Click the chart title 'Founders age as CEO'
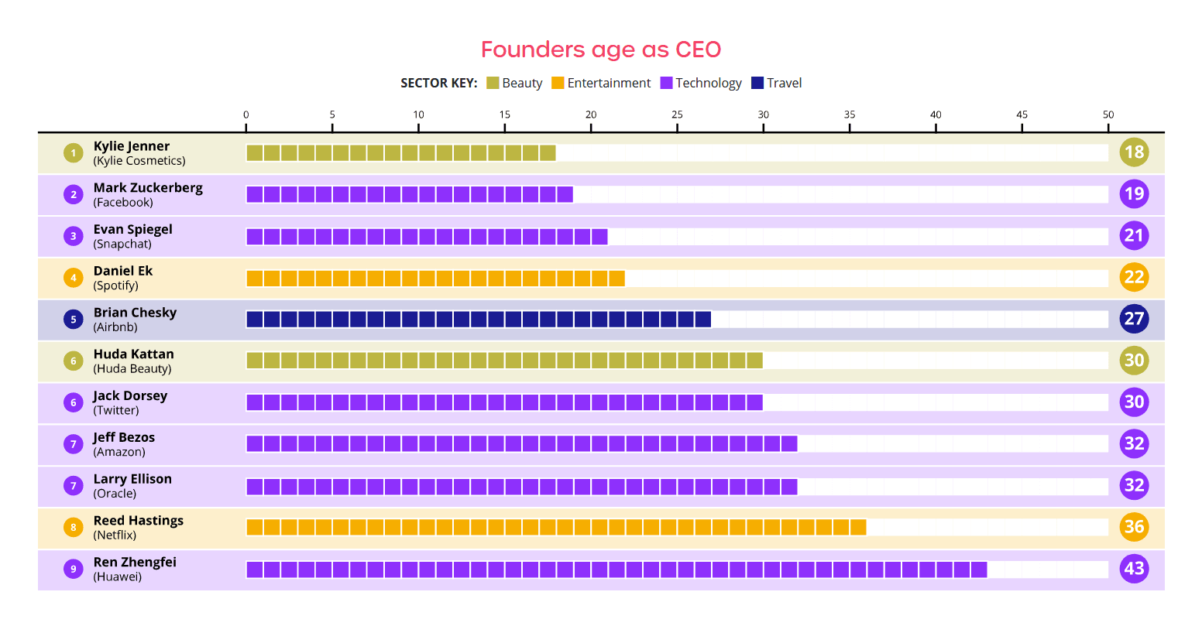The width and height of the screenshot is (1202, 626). coord(600,50)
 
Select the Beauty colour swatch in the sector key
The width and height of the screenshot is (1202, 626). coord(493,83)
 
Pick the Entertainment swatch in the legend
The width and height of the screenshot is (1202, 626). coord(558,83)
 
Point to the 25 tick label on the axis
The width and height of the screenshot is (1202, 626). coord(677,115)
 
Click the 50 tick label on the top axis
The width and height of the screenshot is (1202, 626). coord(1108,115)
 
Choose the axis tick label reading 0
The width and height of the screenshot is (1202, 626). coord(246,115)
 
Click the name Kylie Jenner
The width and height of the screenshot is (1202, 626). coord(132,146)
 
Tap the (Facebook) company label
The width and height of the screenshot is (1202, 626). coord(123,203)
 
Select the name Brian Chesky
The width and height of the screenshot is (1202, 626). coord(135,313)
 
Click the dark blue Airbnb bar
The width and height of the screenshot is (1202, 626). coord(479,319)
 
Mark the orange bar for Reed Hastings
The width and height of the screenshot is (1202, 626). coord(556,527)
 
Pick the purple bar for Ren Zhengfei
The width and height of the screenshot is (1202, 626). coord(616,570)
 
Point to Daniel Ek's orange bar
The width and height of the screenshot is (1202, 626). coord(435,278)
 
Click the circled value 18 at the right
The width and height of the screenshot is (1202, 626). coord(1134,152)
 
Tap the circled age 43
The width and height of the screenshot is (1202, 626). coord(1134,569)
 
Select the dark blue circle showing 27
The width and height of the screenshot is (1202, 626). coord(1134,319)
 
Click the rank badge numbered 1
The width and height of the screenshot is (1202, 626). coord(74,152)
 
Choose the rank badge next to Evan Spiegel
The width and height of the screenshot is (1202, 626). coord(74,236)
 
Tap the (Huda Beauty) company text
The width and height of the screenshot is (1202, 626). coord(132,369)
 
